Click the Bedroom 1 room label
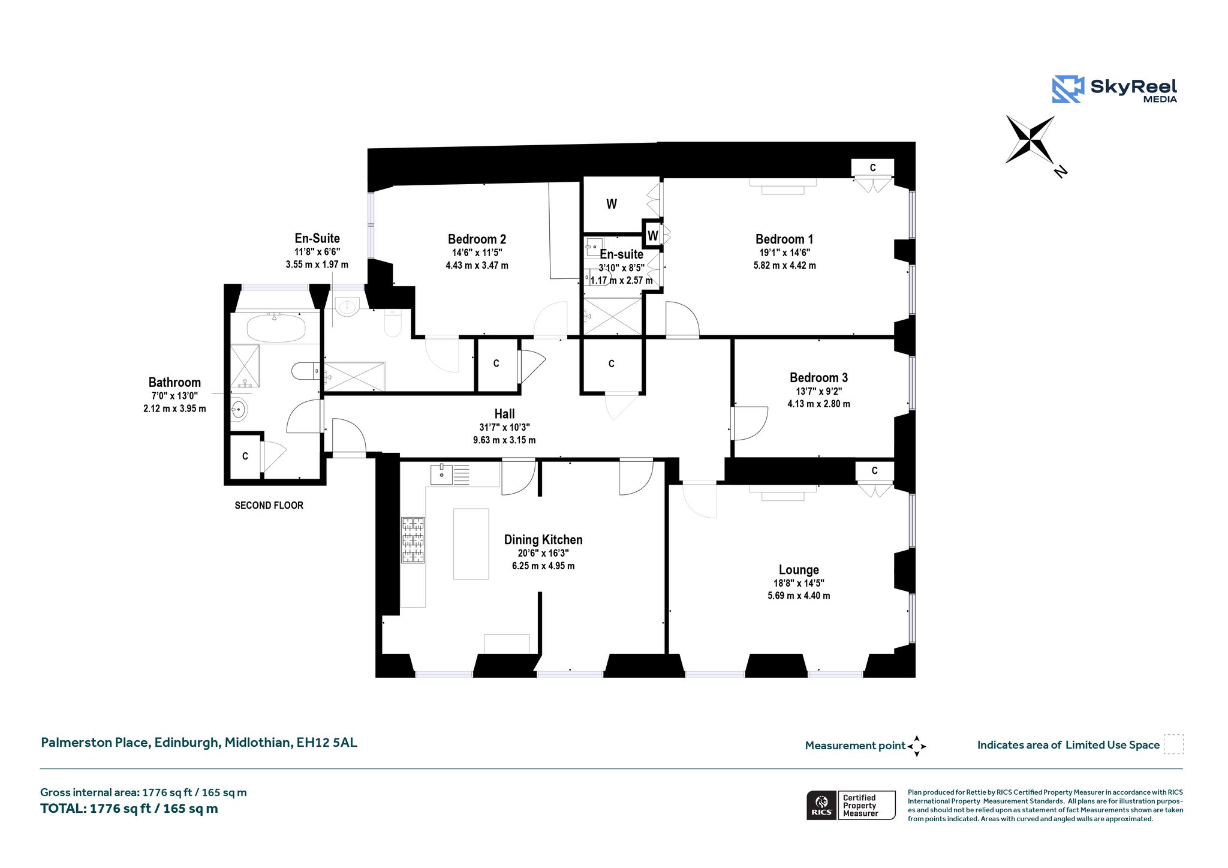pyautogui.click(x=784, y=239)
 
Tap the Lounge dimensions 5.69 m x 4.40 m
pyautogui.click(x=799, y=596)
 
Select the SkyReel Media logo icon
pyautogui.click(x=1068, y=89)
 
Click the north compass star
pyautogui.click(x=1030, y=140)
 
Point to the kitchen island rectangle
pyautogui.click(x=471, y=543)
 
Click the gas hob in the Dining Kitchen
pyautogui.click(x=413, y=540)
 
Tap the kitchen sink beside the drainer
pyautogui.click(x=442, y=474)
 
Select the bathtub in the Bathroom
pyautogui.click(x=276, y=328)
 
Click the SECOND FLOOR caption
pyautogui.click(x=269, y=506)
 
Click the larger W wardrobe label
pyautogui.click(x=612, y=204)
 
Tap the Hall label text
pyautogui.click(x=504, y=414)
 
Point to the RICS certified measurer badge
pyautogui.click(x=850, y=805)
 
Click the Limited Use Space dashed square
pyautogui.click(x=1173, y=744)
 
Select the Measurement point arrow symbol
pyautogui.click(x=917, y=746)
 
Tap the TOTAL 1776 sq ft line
pyautogui.click(x=129, y=809)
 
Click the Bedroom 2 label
pyautogui.click(x=477, y=239)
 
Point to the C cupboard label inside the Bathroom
pyautogui.click(x=245, y=456)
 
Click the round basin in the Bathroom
pyautogui.click(x=239, y=410)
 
